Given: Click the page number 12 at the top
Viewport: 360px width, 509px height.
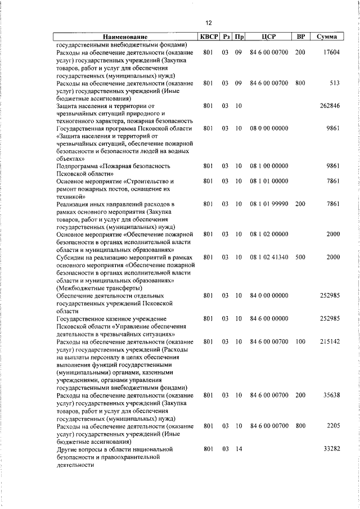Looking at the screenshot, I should pos(208,22).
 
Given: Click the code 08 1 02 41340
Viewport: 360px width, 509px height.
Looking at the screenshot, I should pos(269,257).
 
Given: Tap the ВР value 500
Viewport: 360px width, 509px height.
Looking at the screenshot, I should pos(300,257).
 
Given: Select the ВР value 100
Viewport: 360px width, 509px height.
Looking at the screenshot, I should pos(300,341).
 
